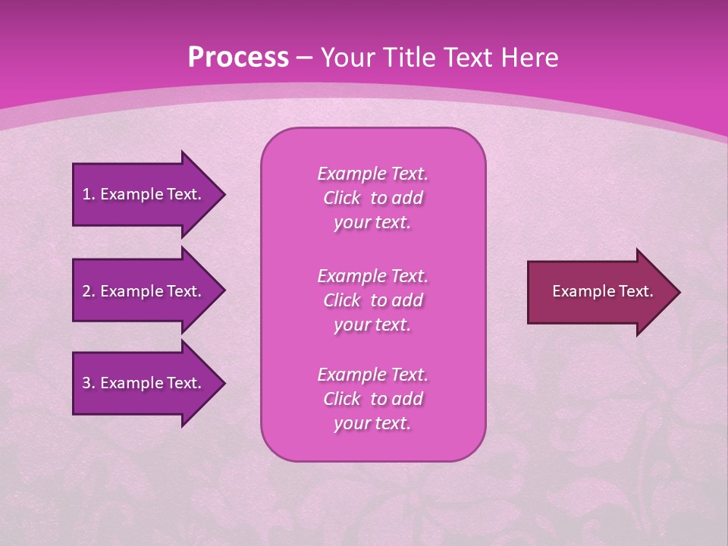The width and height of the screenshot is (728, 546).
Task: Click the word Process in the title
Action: (x=238, y=58)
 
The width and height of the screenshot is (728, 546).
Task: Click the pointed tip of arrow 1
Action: (x=222, y=194)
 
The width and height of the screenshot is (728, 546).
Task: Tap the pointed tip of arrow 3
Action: (x=222, y=383)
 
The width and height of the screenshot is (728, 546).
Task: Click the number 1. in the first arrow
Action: (x=89, y=194)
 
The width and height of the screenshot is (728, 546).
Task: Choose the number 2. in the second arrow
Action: (x=89, y=291)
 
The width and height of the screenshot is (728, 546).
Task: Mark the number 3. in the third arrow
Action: (x=89, y=383)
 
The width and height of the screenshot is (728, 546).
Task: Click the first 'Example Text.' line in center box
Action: (x=372, y=174)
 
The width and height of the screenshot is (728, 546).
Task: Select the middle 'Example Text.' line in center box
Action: (x=372, y=275)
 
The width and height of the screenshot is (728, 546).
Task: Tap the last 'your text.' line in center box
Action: (x=372, y=424)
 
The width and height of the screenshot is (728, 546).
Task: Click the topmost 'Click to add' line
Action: (x=372, y=198)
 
